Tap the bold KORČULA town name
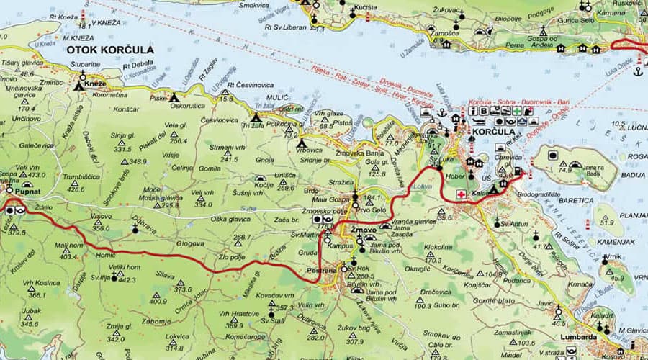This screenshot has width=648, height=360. [x=495, y=133]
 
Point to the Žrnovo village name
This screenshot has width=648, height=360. [x=364, y=230]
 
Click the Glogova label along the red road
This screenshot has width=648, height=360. [x=190, y=243]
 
